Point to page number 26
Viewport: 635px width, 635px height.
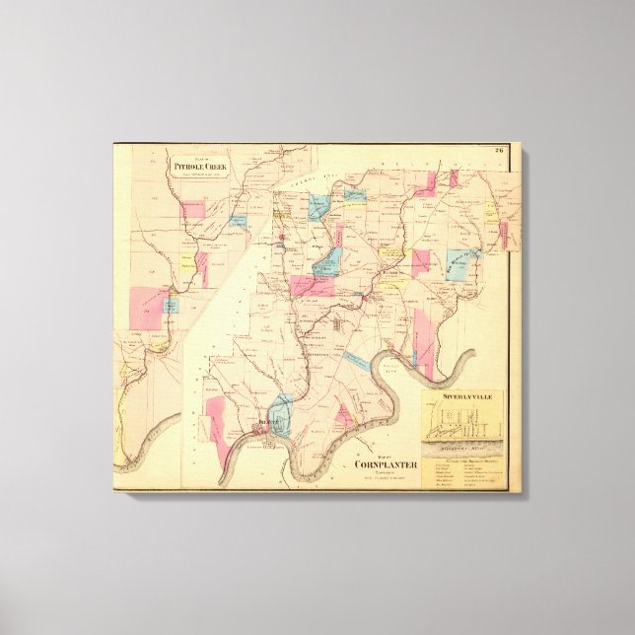pyautogui.click(x=500, y=150)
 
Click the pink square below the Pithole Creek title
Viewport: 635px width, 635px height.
pyautogui.click(x=193, y=209)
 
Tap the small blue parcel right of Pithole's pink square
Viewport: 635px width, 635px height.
pyautogui.click(x=238, y=222)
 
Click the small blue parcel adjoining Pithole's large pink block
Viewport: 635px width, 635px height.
pyautogui.click(x=171, y=306)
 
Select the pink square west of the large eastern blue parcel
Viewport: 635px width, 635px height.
pyautogui.click(x=421, y=261)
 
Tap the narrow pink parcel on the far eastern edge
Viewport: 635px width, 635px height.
pyautogui.click(x=503, y=235)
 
